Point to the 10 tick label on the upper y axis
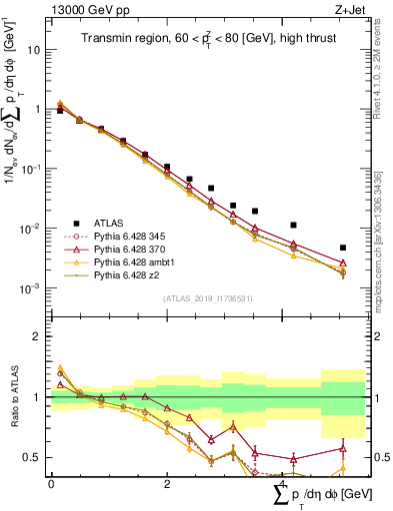(35, 49)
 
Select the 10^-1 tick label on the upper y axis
(32, 169)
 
